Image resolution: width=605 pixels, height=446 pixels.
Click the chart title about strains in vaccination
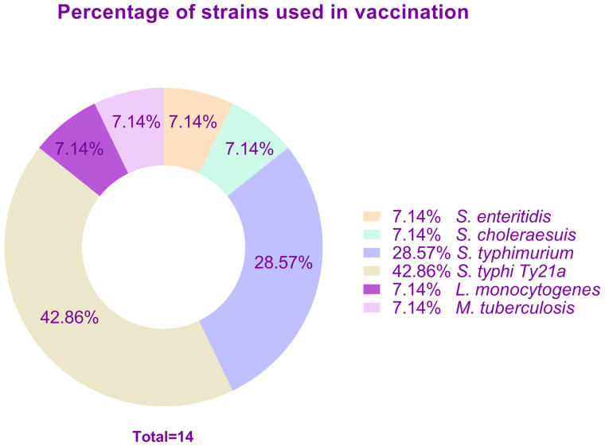[263, 13]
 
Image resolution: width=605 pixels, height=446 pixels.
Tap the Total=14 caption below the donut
[163, 436]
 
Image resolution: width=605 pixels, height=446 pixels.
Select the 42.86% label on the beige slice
[69, 318]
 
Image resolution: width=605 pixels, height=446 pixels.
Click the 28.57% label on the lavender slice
[283, 263]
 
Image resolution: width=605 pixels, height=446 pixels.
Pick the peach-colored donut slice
[193, 127]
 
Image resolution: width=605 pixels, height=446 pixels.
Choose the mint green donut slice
[247, 150]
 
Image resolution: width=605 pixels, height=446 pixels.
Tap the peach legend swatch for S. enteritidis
[372, 216]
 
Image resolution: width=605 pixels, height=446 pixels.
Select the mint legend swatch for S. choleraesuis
[372, 235]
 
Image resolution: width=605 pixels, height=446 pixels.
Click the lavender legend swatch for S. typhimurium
[372, 253]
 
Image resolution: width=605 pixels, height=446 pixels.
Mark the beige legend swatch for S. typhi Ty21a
[372, 271]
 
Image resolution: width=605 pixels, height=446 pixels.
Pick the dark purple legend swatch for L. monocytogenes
[372, 289]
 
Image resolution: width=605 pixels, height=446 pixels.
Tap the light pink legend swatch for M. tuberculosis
[372, 308]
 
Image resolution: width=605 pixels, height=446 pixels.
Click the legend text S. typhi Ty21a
[511, 272]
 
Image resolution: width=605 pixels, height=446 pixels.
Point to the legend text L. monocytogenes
[529, 290]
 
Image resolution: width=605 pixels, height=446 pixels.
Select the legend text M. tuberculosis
[515, 308]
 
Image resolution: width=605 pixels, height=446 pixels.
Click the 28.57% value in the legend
[421, 254]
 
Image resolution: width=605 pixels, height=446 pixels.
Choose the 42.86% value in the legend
[421, 271]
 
